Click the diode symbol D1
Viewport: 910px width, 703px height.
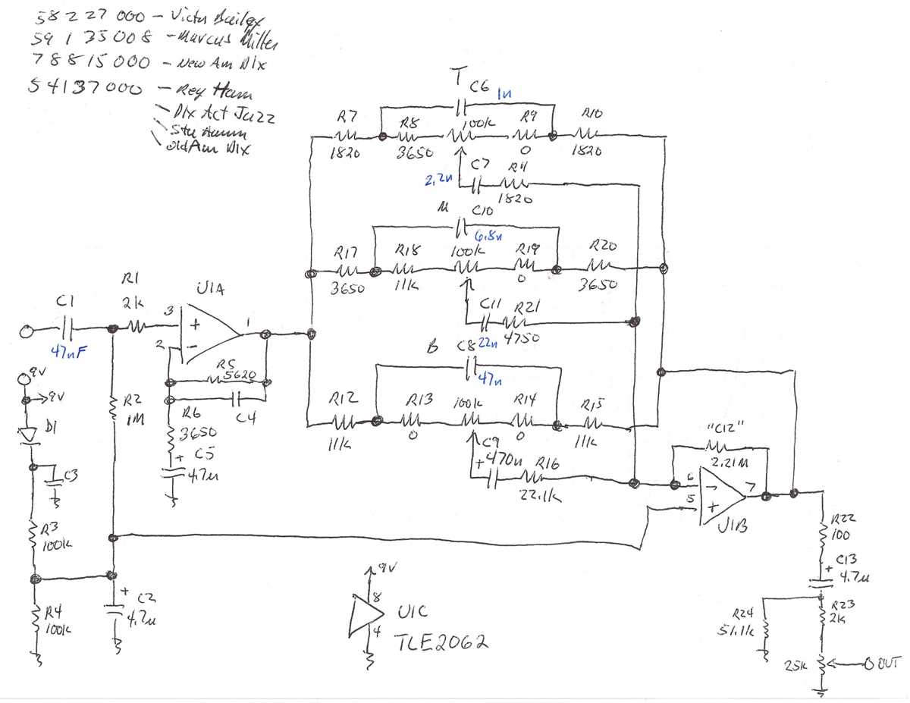pos(30,434)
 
